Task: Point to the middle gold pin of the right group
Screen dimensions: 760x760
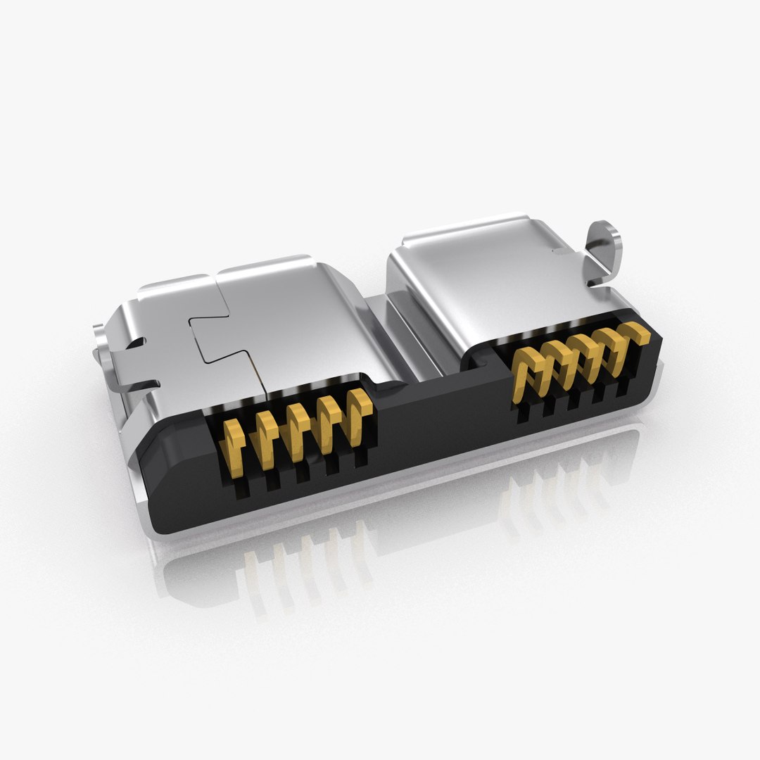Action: coord(581,352)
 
